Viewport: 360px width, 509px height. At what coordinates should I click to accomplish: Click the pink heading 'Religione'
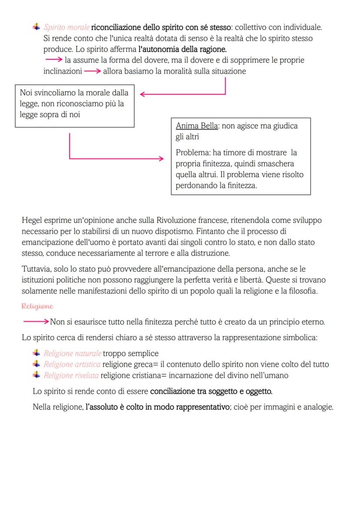(x=37, y=306)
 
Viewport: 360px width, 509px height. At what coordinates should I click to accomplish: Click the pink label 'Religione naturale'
(x=72, y=353)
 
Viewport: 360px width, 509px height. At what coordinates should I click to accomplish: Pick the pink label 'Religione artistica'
(x=72, y=364)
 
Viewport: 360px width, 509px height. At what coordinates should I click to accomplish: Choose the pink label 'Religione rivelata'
(x=71, y=375)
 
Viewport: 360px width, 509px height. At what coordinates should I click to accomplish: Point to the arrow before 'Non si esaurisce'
(x=35, y=322)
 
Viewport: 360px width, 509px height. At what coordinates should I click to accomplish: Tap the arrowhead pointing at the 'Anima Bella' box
(x=162, y=159)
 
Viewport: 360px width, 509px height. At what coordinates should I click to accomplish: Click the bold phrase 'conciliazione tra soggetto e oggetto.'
(x=211, y=391)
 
